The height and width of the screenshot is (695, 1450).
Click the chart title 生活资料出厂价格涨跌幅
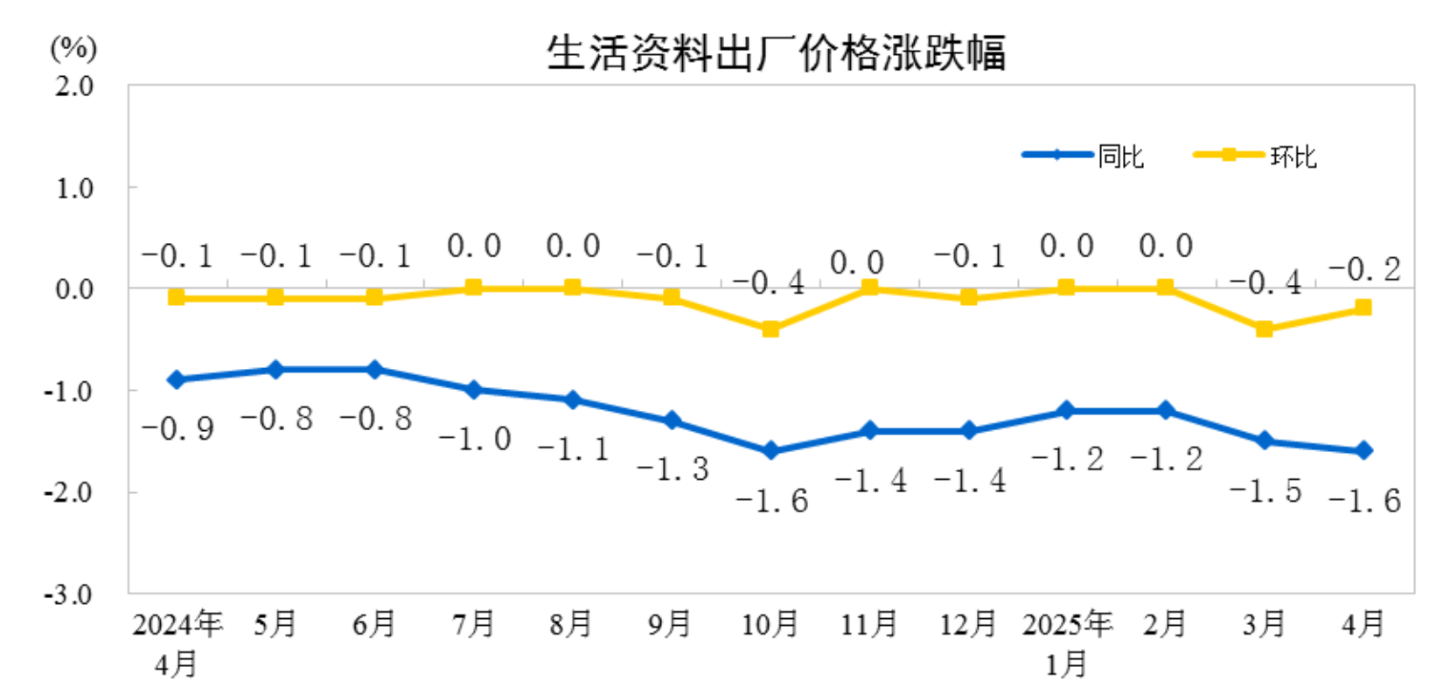click(x=776, y=52)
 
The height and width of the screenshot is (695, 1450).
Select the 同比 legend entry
click(x=1120, y=156)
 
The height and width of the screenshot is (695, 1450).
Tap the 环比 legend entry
click(x=1293, y=156)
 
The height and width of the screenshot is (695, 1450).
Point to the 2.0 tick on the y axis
click(x=74, y=86)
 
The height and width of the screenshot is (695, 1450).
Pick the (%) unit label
click(x=73, y=48)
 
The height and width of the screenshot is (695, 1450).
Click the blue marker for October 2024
click(x=770, y=451)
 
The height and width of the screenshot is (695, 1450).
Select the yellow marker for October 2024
click(x=770, y=329)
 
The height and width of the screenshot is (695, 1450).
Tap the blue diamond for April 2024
click(x=177, y=379)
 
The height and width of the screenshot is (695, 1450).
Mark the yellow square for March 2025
click(x=1264, y=329)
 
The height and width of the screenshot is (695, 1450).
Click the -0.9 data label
click(x=178, y=428)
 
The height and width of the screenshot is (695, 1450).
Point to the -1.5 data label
click(x=1265, y=490)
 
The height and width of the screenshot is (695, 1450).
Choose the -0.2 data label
click(x=1364, y=269)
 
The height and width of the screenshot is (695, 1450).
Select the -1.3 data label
click(x=672, y=469)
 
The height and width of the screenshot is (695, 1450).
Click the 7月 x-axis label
click(x=473, y=624)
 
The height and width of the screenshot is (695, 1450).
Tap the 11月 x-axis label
click(x=869, y=624)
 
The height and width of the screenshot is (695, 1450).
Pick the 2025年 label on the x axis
click(x=1067, y=624)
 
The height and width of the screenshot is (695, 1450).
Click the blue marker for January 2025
click(x=1066, y=410)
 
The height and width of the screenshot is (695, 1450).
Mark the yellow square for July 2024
click(x=473, y=287)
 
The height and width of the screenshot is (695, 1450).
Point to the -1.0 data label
click(x=475, y=439)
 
